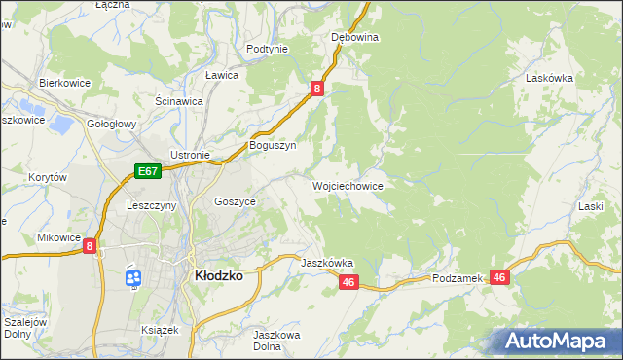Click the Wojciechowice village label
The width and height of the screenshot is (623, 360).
(347, 185)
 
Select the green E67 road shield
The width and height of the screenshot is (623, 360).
(147, 172)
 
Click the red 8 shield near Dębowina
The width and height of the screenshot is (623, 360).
(317, 89)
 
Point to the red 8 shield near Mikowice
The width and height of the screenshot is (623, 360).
(91, 247)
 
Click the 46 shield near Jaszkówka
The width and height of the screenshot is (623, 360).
(350, 282)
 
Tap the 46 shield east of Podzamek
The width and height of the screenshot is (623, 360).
(500, 278)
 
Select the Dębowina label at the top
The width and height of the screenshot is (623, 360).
(354, 37)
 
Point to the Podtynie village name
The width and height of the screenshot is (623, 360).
(267, 49)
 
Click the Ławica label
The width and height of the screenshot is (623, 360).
(222, 75)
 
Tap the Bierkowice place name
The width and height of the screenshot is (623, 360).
(64, 84)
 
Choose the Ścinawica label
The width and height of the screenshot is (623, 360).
(179, 101)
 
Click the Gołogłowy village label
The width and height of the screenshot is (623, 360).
(111, 125)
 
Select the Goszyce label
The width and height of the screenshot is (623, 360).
(235, 200)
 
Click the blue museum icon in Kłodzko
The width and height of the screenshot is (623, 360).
(132, 279)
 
